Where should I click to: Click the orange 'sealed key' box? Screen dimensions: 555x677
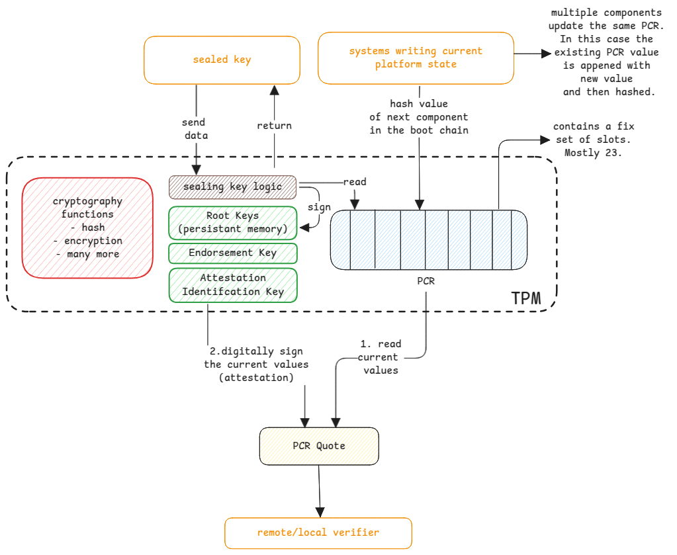tap(222, 60)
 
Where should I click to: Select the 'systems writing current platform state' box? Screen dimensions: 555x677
tap(416, 58)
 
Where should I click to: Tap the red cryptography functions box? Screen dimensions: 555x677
tap(87, 228)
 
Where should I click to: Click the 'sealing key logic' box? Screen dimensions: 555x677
tap(233, 187)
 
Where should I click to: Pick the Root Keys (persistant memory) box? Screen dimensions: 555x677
tap(233, 222)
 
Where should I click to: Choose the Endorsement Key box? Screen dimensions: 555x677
tap(233, 253)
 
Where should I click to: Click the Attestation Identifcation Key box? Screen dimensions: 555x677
tap(233, 284)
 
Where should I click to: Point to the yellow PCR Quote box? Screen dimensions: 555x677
tap(318, 446)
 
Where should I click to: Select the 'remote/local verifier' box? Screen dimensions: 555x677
tap(318, 533)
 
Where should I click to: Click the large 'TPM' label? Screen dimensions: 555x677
tap(526, 298)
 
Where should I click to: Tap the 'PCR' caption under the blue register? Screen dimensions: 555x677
tap(426, 281)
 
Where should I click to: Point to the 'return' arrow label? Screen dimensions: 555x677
tap(275, 126)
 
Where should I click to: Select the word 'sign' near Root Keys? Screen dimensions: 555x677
tap(319, 207)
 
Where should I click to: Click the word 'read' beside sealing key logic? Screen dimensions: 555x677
tap(355, 182)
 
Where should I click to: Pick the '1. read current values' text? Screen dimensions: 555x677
tap(381, 357)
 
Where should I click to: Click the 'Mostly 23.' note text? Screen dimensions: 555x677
tap(593, 153)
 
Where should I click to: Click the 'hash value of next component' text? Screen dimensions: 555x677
tap(418, 117)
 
